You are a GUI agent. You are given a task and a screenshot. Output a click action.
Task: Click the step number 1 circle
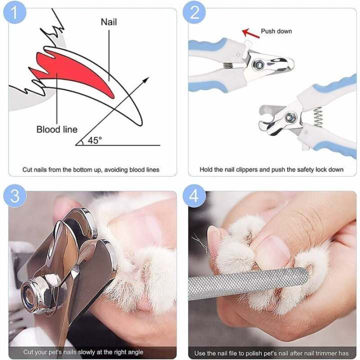tap(14, 13)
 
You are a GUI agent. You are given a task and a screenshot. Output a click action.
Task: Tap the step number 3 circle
tap(14, 195)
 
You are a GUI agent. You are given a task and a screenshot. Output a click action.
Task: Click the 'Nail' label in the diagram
tap(109, 22)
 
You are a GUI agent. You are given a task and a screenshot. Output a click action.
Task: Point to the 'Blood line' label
tap(56, 129)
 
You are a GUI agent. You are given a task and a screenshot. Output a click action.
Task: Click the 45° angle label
tap(94, 140)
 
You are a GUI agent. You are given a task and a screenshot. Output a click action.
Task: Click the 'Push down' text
tap(276, 31)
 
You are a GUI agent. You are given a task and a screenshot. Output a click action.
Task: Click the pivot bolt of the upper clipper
tap(259, 63)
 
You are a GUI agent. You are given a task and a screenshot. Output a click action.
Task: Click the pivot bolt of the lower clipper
tap(289, 118)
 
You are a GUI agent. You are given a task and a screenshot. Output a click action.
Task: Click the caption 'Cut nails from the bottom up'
tap(90, 169)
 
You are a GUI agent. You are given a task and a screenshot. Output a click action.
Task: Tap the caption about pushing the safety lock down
tap(271, 169)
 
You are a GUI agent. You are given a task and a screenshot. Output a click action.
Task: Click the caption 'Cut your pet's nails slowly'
tap(76, 352)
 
